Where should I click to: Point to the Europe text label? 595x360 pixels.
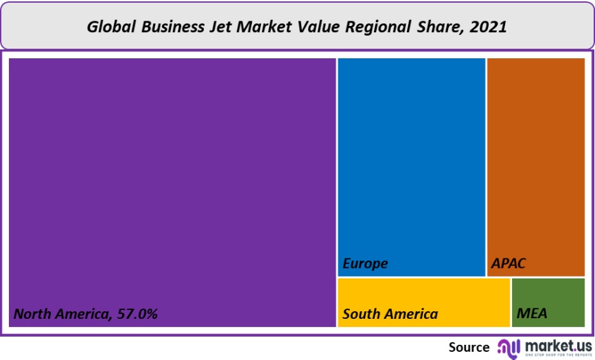click(365, 263)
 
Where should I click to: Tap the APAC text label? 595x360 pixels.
click(509, 263)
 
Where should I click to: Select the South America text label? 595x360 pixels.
click(390, 314)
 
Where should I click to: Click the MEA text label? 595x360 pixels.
click(532, 314)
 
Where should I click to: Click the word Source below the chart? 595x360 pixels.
click(469, 347)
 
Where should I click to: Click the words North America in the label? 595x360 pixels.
click(60, 314)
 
